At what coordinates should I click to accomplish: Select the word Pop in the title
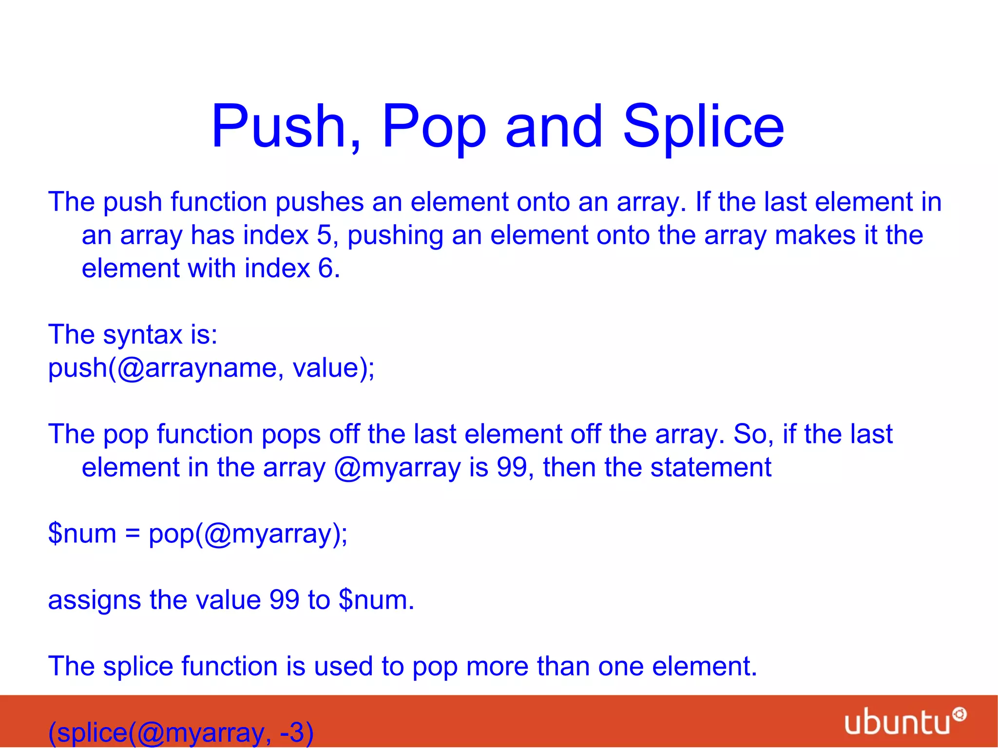[434, 128]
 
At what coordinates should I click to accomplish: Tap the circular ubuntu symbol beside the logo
[960, 714]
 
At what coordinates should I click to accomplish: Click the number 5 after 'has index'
[324, 235]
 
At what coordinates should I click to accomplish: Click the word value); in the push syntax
[333, 368]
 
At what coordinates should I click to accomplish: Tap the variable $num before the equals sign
[82, 534]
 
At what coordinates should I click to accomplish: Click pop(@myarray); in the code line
[248, 535]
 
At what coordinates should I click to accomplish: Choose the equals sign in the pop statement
[133, 534]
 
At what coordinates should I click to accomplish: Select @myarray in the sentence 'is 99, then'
[397, 468]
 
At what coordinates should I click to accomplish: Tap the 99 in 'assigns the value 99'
[284, 600]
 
